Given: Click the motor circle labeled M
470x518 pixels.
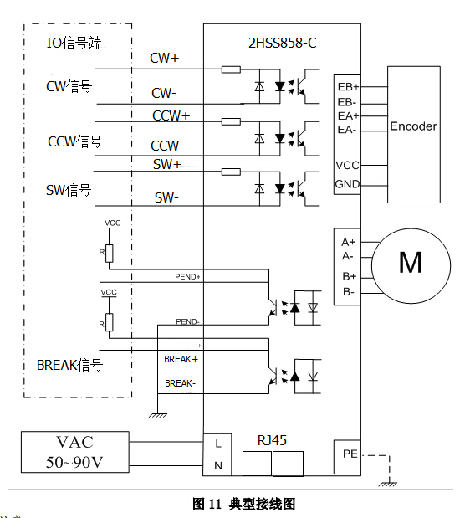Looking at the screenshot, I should pos(410,262).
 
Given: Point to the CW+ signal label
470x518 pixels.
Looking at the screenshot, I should pos(164,59).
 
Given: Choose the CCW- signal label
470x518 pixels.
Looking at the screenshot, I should pos(167,146).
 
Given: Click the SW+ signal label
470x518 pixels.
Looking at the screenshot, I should pos(167,164).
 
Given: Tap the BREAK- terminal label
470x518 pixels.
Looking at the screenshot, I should pos(181,383).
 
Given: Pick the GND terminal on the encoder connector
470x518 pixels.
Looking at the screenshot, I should pos(348,184).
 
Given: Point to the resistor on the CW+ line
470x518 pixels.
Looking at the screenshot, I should pos(231,69).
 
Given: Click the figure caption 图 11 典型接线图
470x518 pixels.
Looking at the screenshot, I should pos(244,504).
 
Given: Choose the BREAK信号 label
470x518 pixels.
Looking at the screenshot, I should pos(70,365).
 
